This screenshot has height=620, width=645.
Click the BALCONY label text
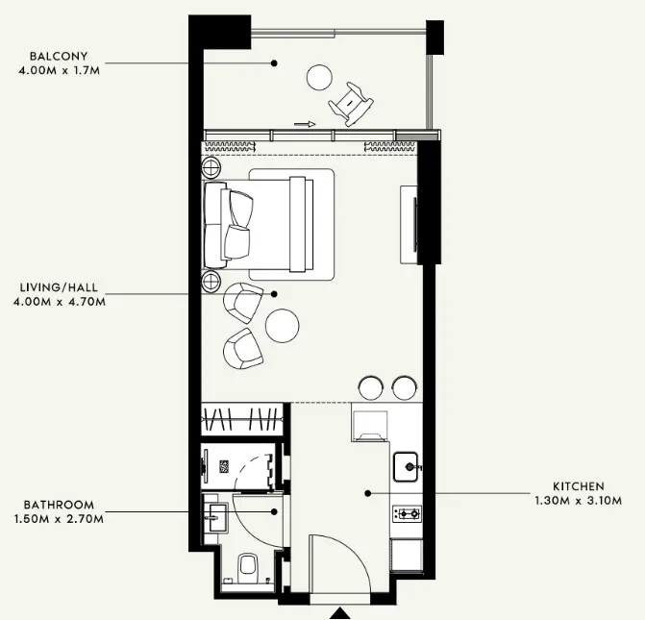(x=59, y=56)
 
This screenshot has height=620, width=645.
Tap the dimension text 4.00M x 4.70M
(x=60, y=302)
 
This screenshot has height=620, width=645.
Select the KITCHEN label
(x=579, y=486)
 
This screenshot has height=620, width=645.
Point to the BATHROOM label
(x=59, y=505)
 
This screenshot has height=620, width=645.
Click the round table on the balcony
(x=319, y=77)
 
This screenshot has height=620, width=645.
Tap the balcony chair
(x=351, y=104)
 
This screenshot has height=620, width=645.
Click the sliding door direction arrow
(x=305, y=124)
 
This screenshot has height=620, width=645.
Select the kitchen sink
(x=406, y=467)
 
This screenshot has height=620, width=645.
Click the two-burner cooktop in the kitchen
(x=407, y=513)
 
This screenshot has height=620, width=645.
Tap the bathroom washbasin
(x=215, y=513)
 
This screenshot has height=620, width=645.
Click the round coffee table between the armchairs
(x=283, y=325)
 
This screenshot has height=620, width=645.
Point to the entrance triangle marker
(x=340, y=613)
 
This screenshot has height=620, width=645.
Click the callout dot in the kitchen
(x=368, y=493)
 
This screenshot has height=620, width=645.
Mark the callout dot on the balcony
(x=274, y=62)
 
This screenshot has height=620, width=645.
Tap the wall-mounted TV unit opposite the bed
(x=409, y=224)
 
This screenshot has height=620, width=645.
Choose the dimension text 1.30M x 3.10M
(x=579, y=501)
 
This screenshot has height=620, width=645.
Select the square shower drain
(x=224, y=467)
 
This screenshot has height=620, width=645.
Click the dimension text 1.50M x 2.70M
(x=59, y=519)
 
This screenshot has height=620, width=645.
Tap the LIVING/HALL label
(x=60, y=287)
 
